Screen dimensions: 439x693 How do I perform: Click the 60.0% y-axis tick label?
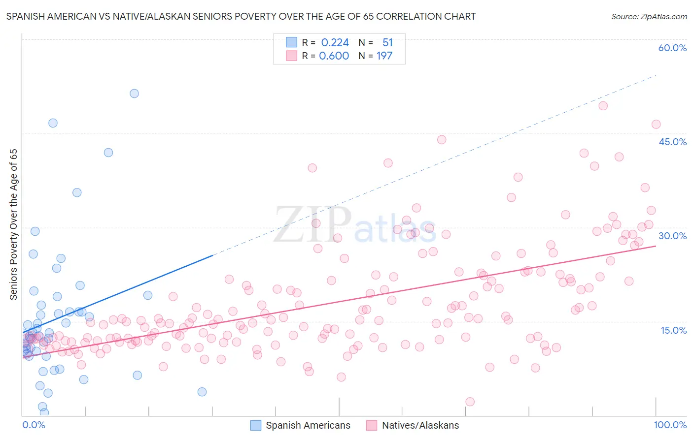[x=672, y=48]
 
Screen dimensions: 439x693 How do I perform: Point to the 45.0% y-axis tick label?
[x=672, y=142]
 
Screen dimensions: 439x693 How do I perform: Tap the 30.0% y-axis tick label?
[x=672, y=236]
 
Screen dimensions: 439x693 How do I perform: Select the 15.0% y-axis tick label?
[x=673, y=330]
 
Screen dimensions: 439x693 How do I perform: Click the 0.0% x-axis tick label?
[x=34, y=425]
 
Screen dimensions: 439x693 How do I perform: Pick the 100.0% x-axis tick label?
[x=670, y=425]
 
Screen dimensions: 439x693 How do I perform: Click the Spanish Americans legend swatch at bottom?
[x=255, y=425]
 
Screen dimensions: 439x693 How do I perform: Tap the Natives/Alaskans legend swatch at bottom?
[x=372, y=425]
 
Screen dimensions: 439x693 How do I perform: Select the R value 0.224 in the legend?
[x=335, y=43]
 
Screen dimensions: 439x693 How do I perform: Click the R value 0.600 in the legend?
[x=334, y=56]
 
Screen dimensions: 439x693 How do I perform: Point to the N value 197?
[x=384, y=56]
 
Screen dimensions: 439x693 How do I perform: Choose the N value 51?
[x=387, y=43]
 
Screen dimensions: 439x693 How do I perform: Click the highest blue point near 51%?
[x=134, y=94]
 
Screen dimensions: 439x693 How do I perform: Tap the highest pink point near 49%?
[x=603, y=106]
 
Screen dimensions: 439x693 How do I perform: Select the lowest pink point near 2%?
[x=470, y=402]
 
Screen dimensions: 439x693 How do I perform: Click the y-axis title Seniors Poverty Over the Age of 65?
[x=14, y=224]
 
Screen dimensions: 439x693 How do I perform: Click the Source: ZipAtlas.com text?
[x=649, y=17]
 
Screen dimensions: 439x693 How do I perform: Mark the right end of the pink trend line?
[x=656, y=246]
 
